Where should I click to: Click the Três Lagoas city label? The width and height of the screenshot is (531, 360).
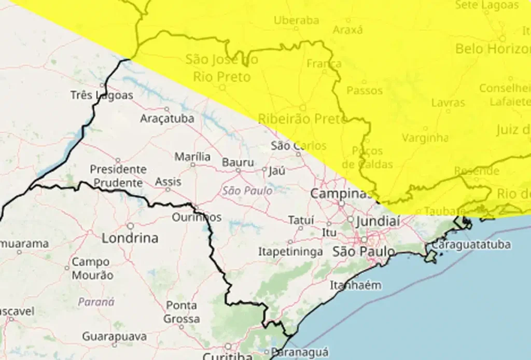point(102,95)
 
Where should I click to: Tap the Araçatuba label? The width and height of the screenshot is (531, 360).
point(167,119)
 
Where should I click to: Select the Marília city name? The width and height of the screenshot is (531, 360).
point(192,157)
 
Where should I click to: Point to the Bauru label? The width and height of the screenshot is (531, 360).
point(238,162)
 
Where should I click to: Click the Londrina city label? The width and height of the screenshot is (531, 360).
point(130,239)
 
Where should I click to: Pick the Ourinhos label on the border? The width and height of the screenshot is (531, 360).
point(197,217)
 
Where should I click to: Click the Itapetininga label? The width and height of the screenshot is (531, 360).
point(290,252)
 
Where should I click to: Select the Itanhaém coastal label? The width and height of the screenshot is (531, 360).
point(356,285)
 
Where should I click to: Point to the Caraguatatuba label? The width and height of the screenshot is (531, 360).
point(471,244)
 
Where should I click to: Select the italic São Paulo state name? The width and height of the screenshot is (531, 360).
point(247,191)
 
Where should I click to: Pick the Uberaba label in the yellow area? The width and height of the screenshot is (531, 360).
point(296,21)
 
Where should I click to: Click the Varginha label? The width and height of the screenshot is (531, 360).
point(425,138)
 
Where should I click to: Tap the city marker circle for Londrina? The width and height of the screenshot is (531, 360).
point(130,226)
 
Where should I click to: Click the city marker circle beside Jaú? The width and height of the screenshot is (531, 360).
point(264,169)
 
